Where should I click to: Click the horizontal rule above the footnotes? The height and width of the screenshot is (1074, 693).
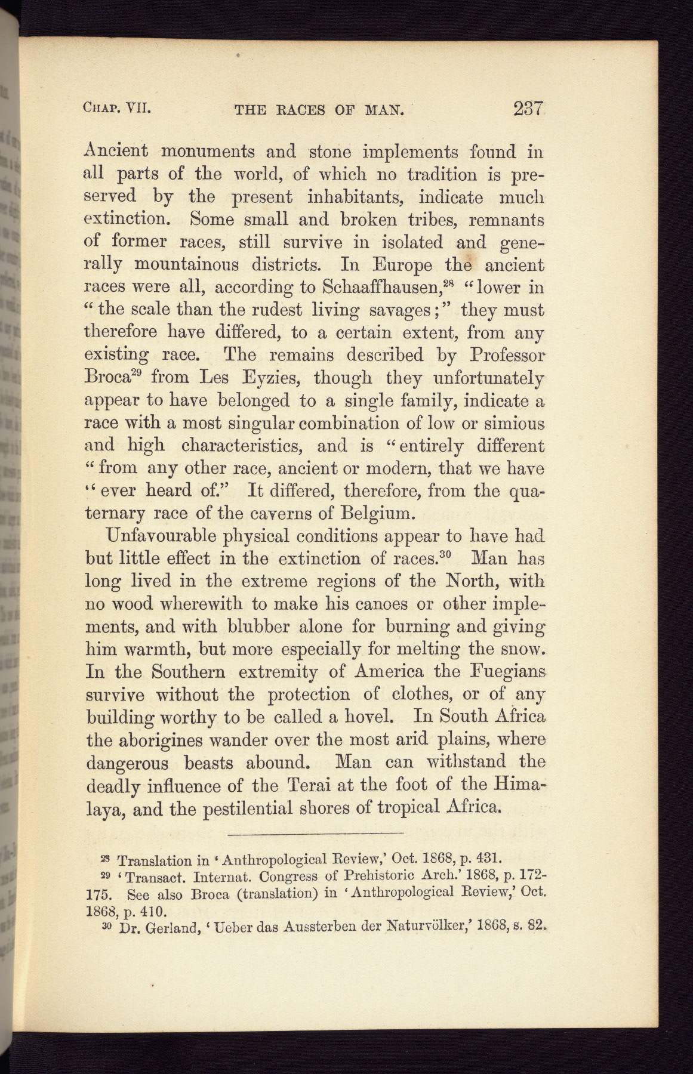[x=315, y=833]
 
